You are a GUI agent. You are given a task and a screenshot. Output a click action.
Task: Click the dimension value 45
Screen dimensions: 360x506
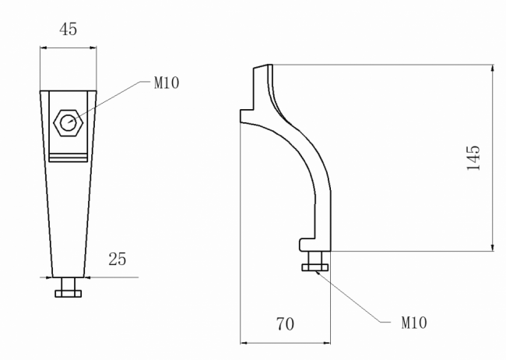click(68, 29)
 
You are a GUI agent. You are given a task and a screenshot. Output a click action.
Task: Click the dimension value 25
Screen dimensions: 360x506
click(118, 257)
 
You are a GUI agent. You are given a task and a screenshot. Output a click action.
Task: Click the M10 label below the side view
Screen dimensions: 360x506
click(413, 320)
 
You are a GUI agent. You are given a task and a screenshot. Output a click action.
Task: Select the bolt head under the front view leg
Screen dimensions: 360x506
click(68, 292)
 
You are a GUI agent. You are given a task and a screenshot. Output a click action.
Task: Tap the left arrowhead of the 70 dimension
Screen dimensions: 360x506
click(244, 341)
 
